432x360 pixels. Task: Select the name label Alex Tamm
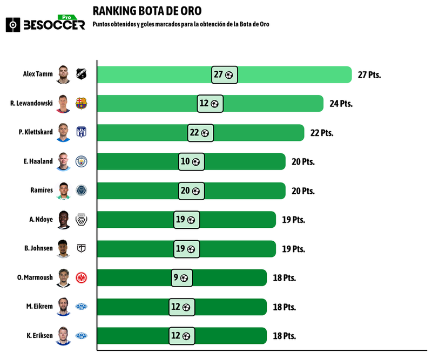pyautogui.click(x=38, y=74)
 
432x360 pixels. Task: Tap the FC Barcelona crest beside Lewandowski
pyautogui.click(x=82, y=104)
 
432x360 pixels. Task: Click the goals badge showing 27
pyautogui.click(x=225, y=74)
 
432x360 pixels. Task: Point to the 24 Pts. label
pyautogui.click(x=341, y=104)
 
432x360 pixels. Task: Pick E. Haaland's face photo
pyautogui.click(x=64, y=161)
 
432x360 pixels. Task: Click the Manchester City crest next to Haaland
pyautogui.click(x=82, y=161)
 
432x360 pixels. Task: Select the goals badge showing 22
pyautogui.click(x=201, y=133)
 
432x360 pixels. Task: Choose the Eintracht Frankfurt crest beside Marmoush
pyautogui.click(x=82, y=278)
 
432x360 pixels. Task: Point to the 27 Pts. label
pyautogui.click(x=369, y=74)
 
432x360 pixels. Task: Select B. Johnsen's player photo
pyautogui.click(x=64, y=249)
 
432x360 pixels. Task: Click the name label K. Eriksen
pyautogui.click(x=38, y=336)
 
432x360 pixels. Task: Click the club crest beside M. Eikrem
pyautogui.click(x=82, y=307)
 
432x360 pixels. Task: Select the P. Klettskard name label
pyautogui.click(x=36, y=133)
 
